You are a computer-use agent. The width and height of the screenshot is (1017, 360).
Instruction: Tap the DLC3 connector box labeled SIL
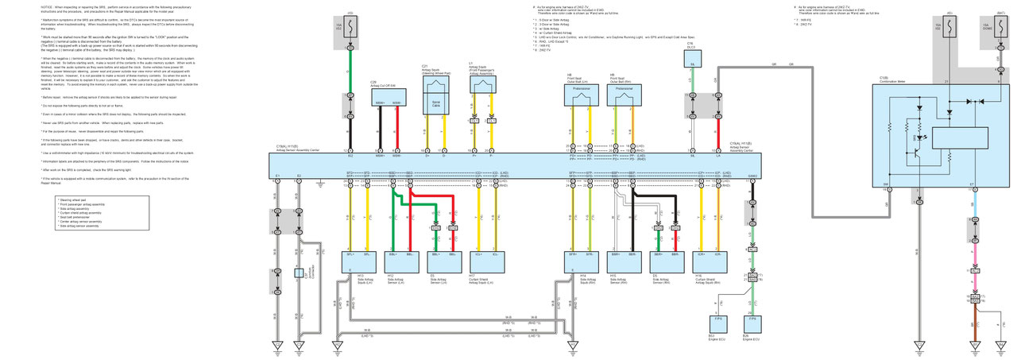pyautogui.click(x=691, y=64)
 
